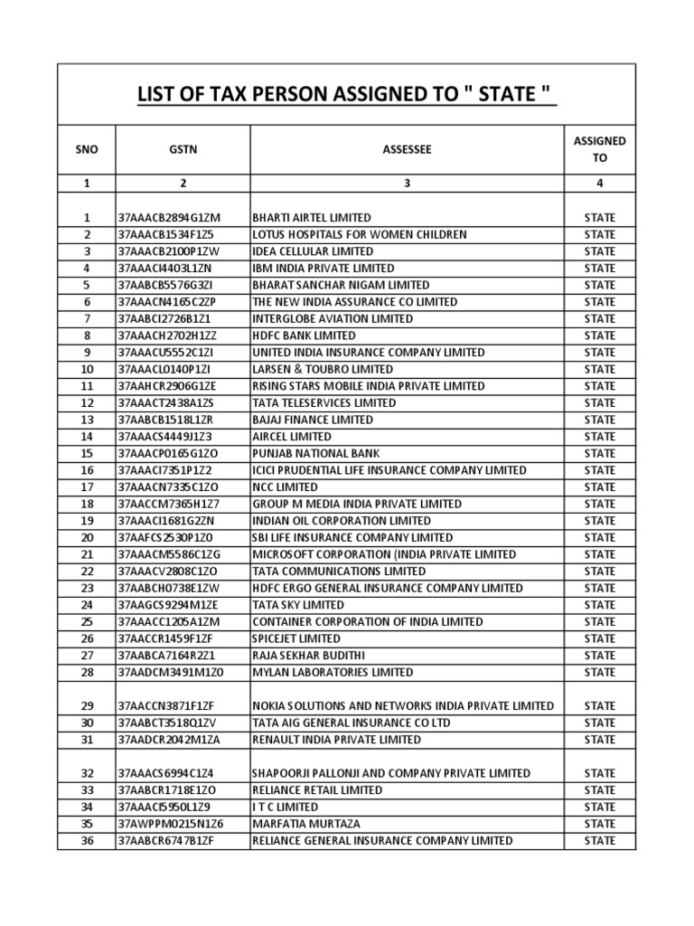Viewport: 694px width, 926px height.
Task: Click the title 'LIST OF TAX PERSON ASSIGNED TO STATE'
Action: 347,94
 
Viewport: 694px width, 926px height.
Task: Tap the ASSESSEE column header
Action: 407,149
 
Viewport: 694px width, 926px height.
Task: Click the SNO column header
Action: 87,149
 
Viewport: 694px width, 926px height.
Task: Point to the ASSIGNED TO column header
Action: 600,149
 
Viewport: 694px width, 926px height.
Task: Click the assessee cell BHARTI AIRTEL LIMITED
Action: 312,218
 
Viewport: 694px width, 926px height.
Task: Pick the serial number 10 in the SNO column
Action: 87,370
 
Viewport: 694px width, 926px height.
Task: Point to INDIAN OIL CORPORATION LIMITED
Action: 342,521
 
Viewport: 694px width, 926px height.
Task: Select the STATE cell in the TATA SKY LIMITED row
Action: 600,605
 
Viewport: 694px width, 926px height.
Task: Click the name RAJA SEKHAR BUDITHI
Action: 307,656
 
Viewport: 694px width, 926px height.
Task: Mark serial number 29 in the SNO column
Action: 87,705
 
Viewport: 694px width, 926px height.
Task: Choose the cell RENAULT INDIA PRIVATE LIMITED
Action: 336,740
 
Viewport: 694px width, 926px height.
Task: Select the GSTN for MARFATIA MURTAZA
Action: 170,824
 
